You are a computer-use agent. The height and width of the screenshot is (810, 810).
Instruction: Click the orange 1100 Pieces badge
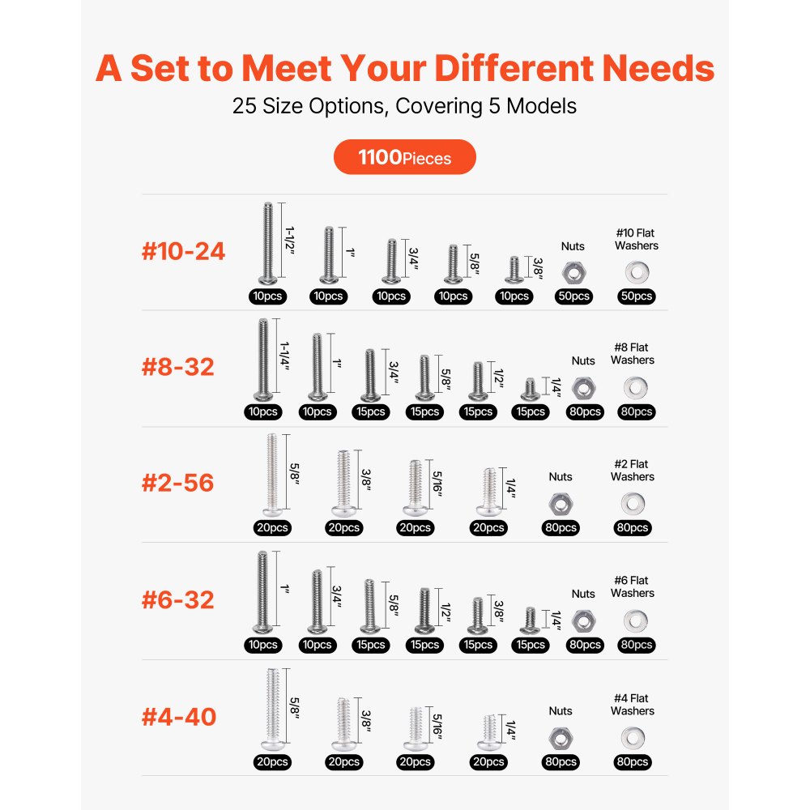coord(404,157)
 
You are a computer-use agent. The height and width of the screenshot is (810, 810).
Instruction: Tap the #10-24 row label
coord(183,251)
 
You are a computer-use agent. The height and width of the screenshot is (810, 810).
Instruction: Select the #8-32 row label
coord(178,367)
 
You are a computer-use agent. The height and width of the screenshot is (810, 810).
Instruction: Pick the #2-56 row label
coord(178,483)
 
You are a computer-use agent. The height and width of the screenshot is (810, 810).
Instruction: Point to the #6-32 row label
coord(178,600)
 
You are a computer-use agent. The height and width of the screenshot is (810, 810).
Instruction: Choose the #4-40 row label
coord(179,717)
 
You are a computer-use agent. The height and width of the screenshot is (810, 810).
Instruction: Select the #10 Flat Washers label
coord(637,239)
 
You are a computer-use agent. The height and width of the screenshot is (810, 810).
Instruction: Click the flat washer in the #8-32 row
coord(635,387)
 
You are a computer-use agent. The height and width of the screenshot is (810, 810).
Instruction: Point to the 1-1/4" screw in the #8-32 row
coord(262,360)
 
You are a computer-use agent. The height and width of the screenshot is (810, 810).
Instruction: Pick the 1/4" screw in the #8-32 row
coord(531,389)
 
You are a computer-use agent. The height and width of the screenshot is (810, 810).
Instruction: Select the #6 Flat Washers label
coord(633,586)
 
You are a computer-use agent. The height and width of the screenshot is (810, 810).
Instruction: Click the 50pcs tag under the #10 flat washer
coord(637,296)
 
